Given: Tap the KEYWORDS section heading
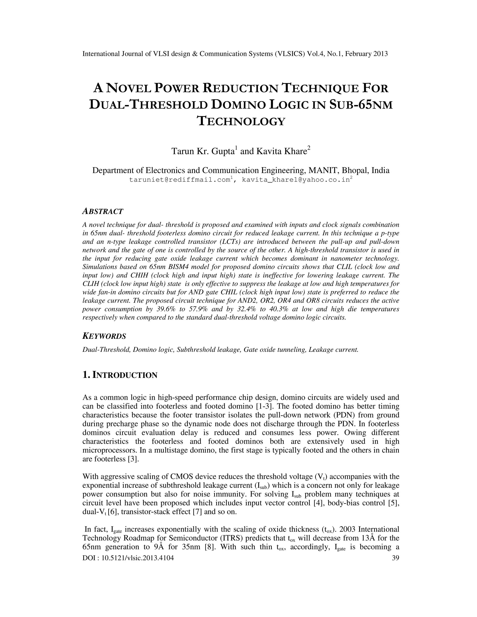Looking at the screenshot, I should point(104,336).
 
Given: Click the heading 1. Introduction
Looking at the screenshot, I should point(119,375).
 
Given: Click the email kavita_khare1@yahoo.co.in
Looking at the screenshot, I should point(296,180).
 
